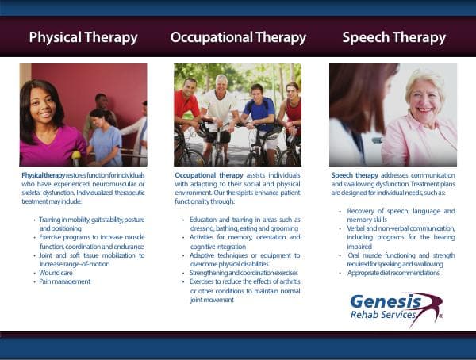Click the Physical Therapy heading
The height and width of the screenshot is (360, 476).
tap(83, 37)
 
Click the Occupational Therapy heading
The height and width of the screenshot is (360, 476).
tap(238, 37)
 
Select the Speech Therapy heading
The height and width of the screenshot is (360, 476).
tap(393, 37)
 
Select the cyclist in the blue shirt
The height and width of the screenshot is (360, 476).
tap(258, 111)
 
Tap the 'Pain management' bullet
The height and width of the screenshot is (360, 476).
tap(64, 281)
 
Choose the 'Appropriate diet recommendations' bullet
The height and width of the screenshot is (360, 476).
tap(393, 273)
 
